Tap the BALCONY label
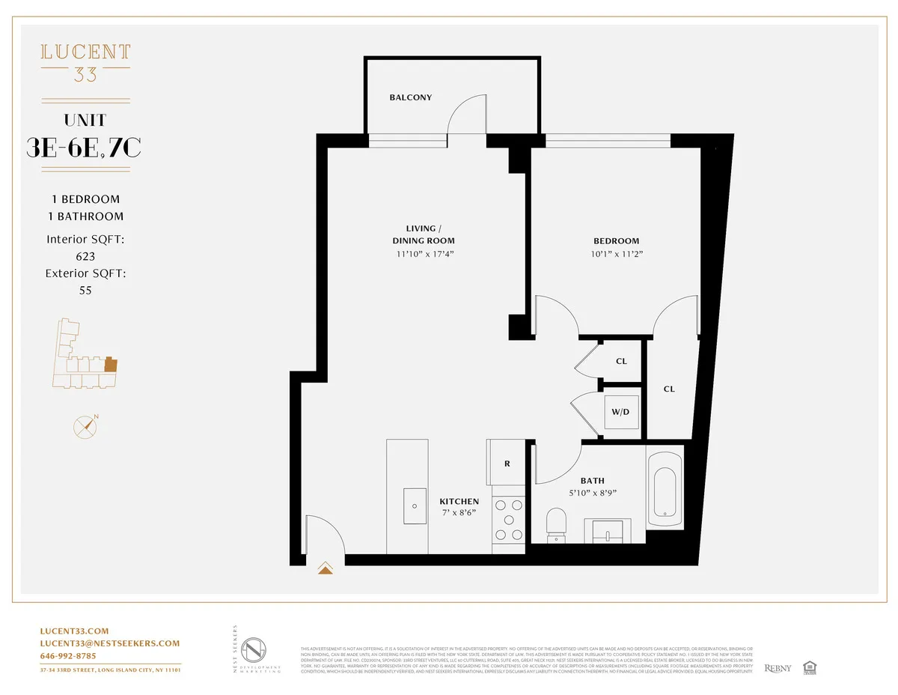click(x=410, y=97)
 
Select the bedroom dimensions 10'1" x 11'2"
click(x=617, y=254)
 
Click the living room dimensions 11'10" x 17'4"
click(x=424, y=254)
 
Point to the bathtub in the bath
click(x=665, y=488)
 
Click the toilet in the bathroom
click(x=557, y=523)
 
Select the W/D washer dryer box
click(x=621, y=412)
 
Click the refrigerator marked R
click(x=507, y=464)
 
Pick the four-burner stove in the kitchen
click(x=508, y=519)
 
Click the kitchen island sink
click(x=414, y=506)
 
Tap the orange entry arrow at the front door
click(x=326, y=568)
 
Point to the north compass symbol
click(x=86, y=426)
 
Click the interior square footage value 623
click(x=85, y=256)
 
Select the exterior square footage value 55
click(x=85, y=291)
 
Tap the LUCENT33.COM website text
click(x=74, y=631)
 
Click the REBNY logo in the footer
click(x=777, y=668)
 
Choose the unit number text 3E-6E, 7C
click(x=84, y=148)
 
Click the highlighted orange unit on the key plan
click(x=111, y=365)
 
